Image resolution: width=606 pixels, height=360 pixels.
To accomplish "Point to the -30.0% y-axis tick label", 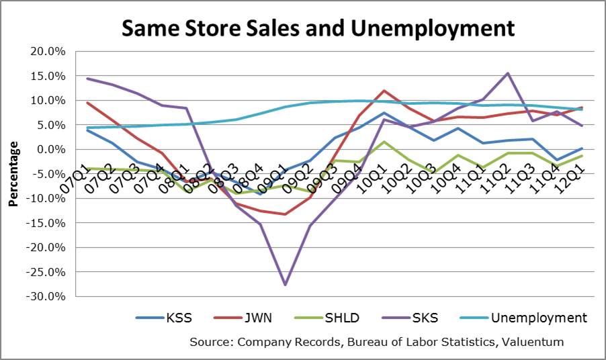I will pos(47,296).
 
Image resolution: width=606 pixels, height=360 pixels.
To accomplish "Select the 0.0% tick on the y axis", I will pos(52,149).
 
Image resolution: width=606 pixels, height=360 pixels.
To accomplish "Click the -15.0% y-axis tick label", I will pos(47,223).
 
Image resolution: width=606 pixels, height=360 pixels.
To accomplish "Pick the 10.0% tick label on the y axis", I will pos(49,101).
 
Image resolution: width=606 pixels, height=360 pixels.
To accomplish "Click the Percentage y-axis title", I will pos(12,174).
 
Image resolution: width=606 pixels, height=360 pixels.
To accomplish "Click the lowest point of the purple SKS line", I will pos(286,285).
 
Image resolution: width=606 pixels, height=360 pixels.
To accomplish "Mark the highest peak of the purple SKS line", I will pos(507,73).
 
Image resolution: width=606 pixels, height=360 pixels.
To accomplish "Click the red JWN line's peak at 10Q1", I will pos(384,91).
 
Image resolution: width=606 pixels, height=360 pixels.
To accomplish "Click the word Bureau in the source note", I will pos(361,342).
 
